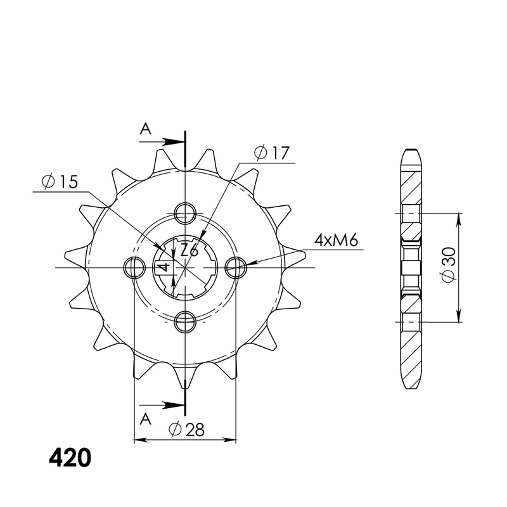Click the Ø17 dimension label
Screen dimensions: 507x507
click(x=271, y=153)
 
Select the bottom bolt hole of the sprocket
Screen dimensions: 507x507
click(x=184, y=322)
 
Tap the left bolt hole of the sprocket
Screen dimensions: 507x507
click(x=133, y=267)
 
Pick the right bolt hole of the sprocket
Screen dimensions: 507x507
click(x=236, y=267)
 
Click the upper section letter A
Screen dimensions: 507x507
click(x=145, y=129)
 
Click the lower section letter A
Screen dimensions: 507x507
click(x=145, y=418)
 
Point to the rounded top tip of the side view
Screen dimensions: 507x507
click(x=410, y=151)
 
